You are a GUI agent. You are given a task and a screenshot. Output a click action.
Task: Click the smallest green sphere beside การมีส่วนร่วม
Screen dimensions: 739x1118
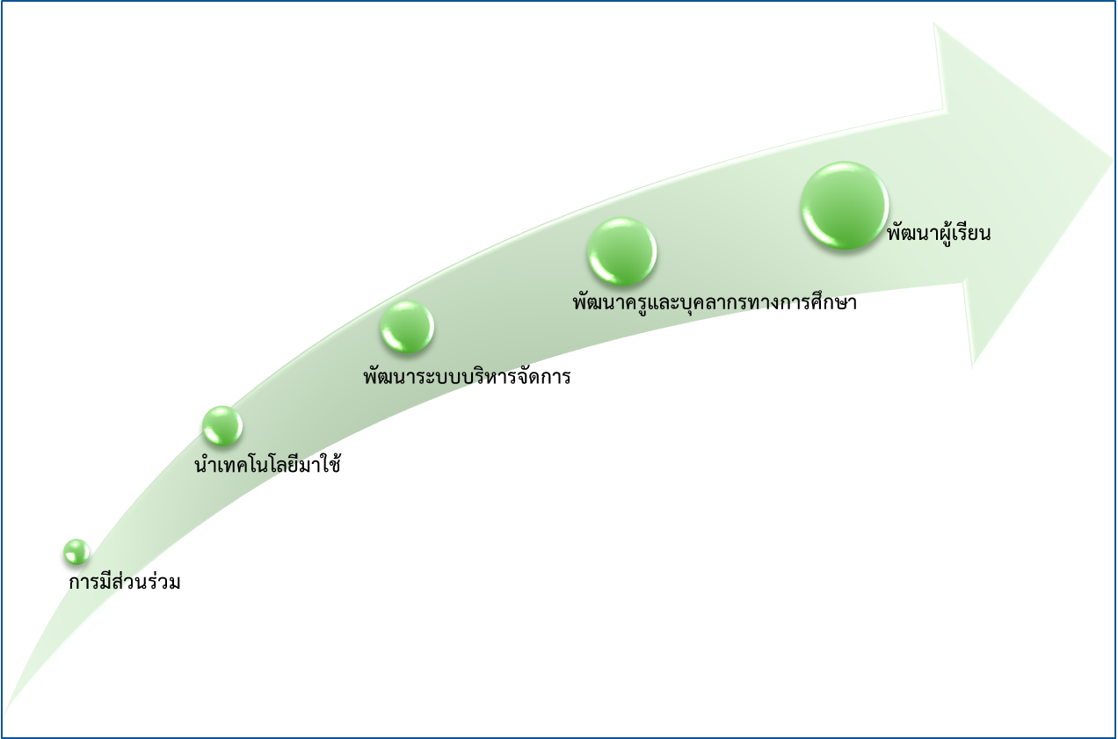click(76, 552)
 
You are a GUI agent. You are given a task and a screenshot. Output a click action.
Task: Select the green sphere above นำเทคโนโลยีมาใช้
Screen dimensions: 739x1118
click(221, 424)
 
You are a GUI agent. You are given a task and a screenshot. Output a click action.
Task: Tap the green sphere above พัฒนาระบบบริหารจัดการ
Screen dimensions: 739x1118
click(406, 326)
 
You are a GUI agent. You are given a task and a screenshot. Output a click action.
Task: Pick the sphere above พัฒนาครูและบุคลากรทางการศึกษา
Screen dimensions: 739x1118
click(621, 251)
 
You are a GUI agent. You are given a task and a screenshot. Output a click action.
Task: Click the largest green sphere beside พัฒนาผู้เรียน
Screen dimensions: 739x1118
click(843, 205)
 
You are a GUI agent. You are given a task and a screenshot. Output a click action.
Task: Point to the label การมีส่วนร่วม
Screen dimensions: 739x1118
click(125, 582)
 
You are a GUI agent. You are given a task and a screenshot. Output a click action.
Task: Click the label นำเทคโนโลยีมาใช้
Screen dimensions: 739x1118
click(267, 465)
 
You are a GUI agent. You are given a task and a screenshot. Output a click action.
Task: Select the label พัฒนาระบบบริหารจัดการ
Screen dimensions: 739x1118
click(467, 377)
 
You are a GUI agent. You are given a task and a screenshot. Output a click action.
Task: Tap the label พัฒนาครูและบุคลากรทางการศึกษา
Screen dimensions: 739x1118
click(714, 303)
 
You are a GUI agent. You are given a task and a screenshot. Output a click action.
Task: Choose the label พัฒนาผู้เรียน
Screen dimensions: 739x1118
click(939, 234)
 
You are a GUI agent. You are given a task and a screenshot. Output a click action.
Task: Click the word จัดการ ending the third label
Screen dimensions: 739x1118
click(544, 377)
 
